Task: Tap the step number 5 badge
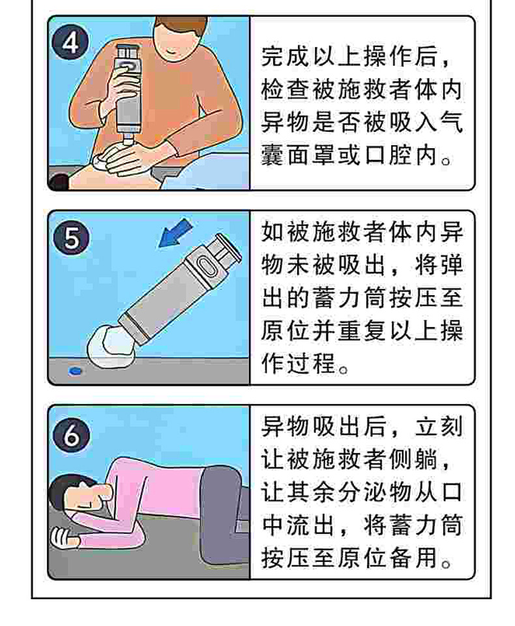(71, 238)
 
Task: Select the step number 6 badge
(71, 434)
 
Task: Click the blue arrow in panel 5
(175, 234)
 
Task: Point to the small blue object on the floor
(75, 371)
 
